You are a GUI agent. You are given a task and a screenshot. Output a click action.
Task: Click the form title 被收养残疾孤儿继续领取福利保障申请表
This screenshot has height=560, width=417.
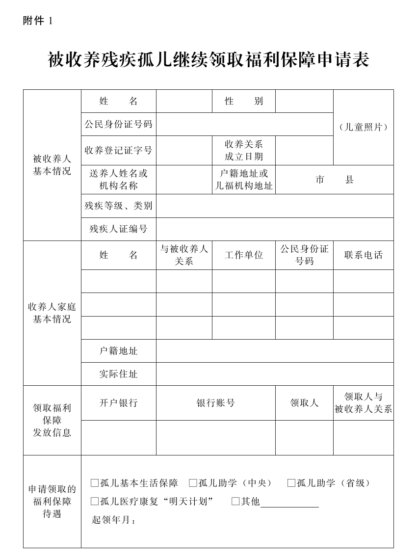pyautogui.click(x=208, y=60)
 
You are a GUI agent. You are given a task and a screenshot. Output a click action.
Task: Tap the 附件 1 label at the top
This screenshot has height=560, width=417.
pyautogui.click(x=37, y=21)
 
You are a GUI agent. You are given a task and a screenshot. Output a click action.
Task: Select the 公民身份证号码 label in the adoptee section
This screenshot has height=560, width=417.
pyautogui.click(x=118, y=124)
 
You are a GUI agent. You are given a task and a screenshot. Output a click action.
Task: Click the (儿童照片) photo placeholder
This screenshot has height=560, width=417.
pyautogui.click(x=363, y=127)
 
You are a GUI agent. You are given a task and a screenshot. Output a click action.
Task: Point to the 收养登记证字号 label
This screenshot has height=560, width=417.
pyautogui.click(x=118, y=150)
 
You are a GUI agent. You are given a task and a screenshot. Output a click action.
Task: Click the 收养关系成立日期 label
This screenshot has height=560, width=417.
pyautogui.click(x=243, y=150)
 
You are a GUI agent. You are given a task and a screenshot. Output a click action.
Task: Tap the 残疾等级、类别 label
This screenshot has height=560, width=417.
pyautogui.click(x=118, y=206)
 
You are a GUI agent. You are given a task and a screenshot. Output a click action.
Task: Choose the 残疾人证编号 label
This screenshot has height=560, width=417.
pyautogui.click(x=118, y=229)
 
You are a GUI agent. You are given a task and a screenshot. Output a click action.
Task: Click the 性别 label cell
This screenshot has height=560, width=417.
pyautogui.click(x=243, y=101)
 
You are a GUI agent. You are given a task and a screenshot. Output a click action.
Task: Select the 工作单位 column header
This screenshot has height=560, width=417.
pyautogui.click(x=243, y=255)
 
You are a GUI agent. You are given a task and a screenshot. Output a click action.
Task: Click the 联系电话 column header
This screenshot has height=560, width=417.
pyautogui.click(x=363, y=255)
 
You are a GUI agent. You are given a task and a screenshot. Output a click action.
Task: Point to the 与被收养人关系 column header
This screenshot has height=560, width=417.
pyautogui.click(x=184, y=255)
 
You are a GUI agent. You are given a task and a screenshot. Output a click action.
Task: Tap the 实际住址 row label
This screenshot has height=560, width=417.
pyautogui.click(x=118, y=374)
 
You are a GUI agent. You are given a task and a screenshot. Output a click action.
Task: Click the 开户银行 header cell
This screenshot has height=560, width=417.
pyautogui.click(x=118, y=403)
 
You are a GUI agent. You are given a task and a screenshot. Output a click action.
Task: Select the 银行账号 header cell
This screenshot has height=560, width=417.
pyautogui.click(x=215, y=403)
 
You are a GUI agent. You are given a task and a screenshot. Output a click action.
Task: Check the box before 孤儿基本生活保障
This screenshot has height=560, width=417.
pyautogui.click(x=95, y=483)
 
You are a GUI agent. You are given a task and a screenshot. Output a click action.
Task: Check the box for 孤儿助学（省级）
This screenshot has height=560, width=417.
pyautogui.click(x=291, y=483)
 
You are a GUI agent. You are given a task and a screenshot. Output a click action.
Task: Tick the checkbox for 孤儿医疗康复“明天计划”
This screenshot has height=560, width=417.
pyautogui.click(x=95, y=502)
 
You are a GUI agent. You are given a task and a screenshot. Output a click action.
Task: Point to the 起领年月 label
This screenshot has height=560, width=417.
pyautogui.click(x=113, y=520)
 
